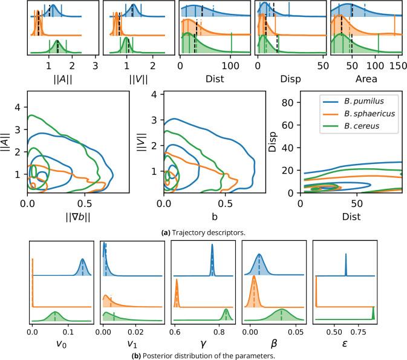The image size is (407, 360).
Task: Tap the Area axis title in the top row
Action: tap(366, 79)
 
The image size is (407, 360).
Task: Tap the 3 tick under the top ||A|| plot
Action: tap(95, 65)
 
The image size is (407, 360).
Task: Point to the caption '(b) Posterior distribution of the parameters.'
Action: tap(203, 355)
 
